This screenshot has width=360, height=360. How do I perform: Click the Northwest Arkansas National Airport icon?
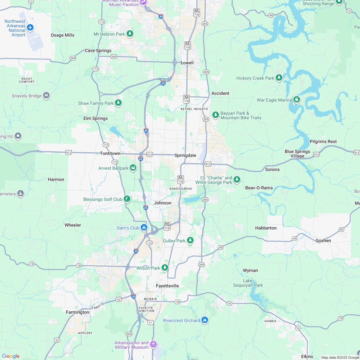tap(30, 27)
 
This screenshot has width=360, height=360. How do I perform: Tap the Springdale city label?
tap(185, 155)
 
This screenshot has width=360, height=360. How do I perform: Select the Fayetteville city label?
tap(167, 286)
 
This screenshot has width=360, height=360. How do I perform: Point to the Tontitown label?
tap(110, 153)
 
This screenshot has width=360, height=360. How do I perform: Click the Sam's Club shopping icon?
tap(144, 228)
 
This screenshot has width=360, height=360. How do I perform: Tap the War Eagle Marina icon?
tap(297, 100)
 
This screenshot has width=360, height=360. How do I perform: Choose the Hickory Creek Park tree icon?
tap(279, 78)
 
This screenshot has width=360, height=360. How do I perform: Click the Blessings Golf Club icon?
tap(127, 199)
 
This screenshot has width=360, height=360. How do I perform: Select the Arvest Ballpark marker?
tap(133, 168)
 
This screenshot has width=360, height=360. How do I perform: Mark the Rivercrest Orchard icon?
tap(205, 320)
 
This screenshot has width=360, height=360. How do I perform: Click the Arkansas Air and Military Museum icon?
tap(153, 345)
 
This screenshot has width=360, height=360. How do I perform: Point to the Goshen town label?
tap(323, 240)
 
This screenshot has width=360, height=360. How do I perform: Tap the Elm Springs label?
tap(95, 118)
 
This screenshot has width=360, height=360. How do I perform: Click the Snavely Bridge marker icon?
tap(46, 95)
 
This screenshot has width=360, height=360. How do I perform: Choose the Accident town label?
tap(220, 93)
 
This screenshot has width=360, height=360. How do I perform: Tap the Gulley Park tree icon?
tap(190, 240)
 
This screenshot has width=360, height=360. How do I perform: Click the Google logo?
tap(11, 356)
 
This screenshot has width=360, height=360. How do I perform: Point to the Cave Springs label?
tap(98, 50)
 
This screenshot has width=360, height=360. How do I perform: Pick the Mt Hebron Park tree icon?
tap(130, 34)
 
